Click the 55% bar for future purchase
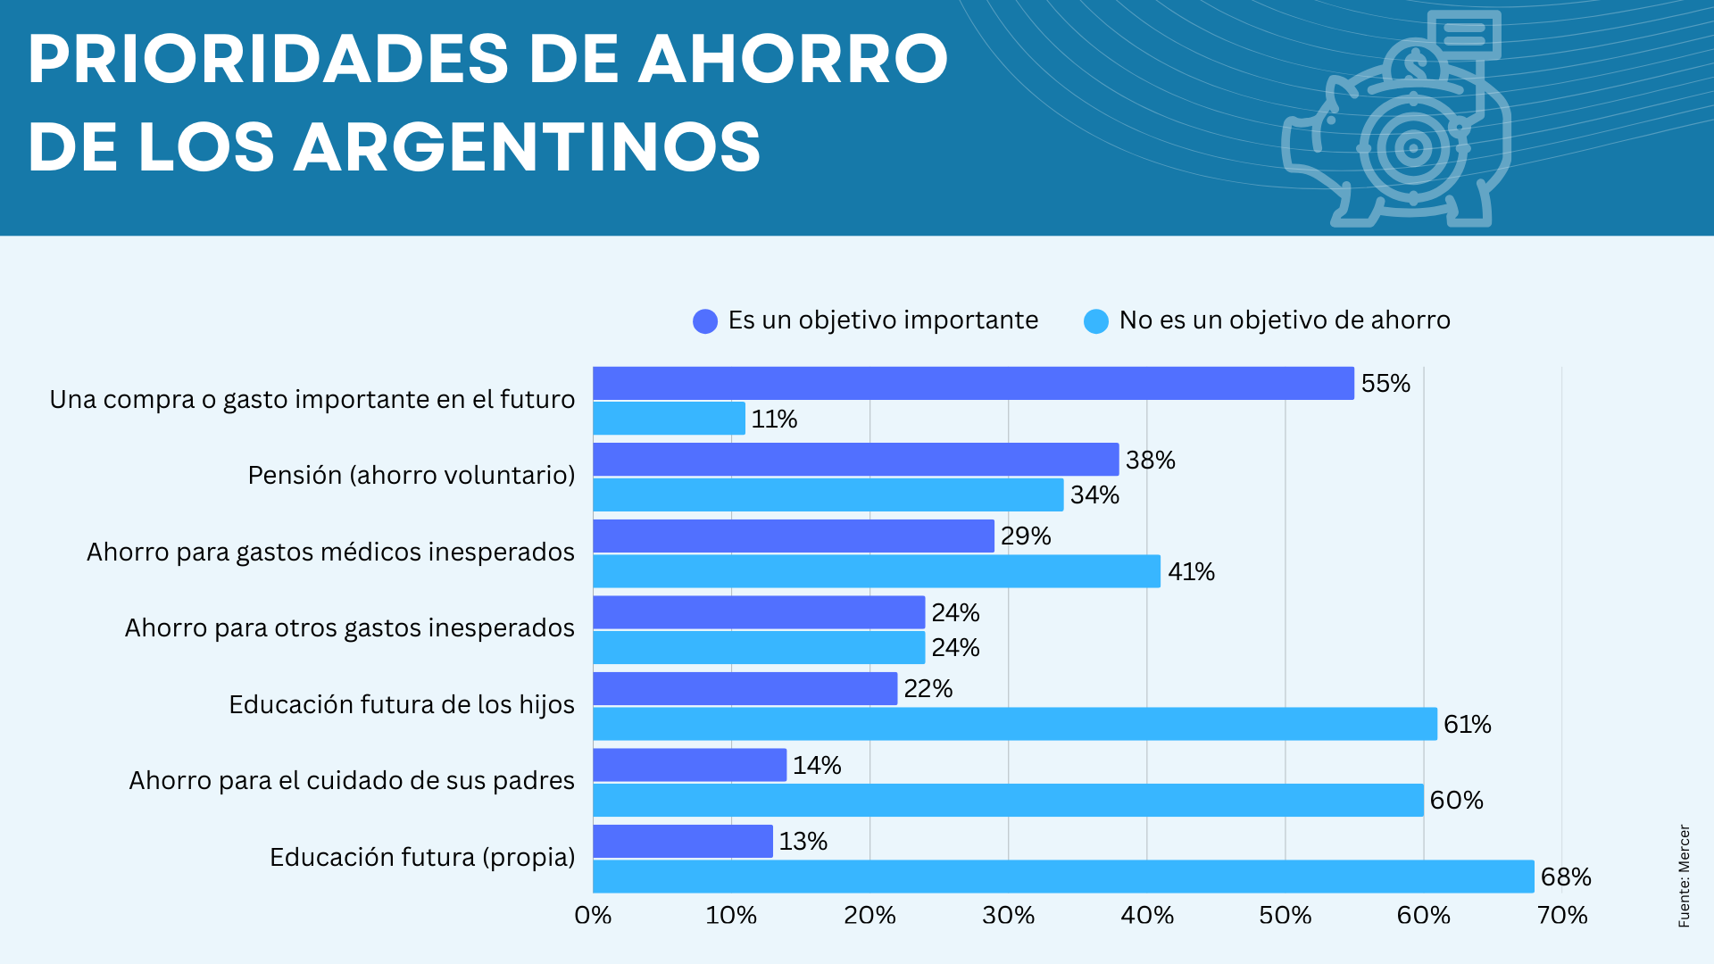pos(973,383)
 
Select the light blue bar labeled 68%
pos(1062,877)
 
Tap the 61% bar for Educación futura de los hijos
pos(1015,724)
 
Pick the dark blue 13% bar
pos(683,841)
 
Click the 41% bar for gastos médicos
pos(877,571)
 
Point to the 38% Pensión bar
pos(855,460)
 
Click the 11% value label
pos(774,419)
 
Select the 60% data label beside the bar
pos(1456,800)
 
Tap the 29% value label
pos(1026,536)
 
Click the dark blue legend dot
pos(705,321)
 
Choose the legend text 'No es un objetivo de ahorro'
pos(1284,320)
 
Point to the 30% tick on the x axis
pos(1008,915)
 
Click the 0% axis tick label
pos(593,915)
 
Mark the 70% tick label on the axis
pos(1561,915)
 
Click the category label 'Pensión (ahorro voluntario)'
pos(411,475)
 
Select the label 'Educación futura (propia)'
pos(422,857)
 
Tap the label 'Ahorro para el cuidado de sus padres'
pos(352,780)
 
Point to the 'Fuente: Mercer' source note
pos(1684,876)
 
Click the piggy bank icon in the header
pos(1397,125)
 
